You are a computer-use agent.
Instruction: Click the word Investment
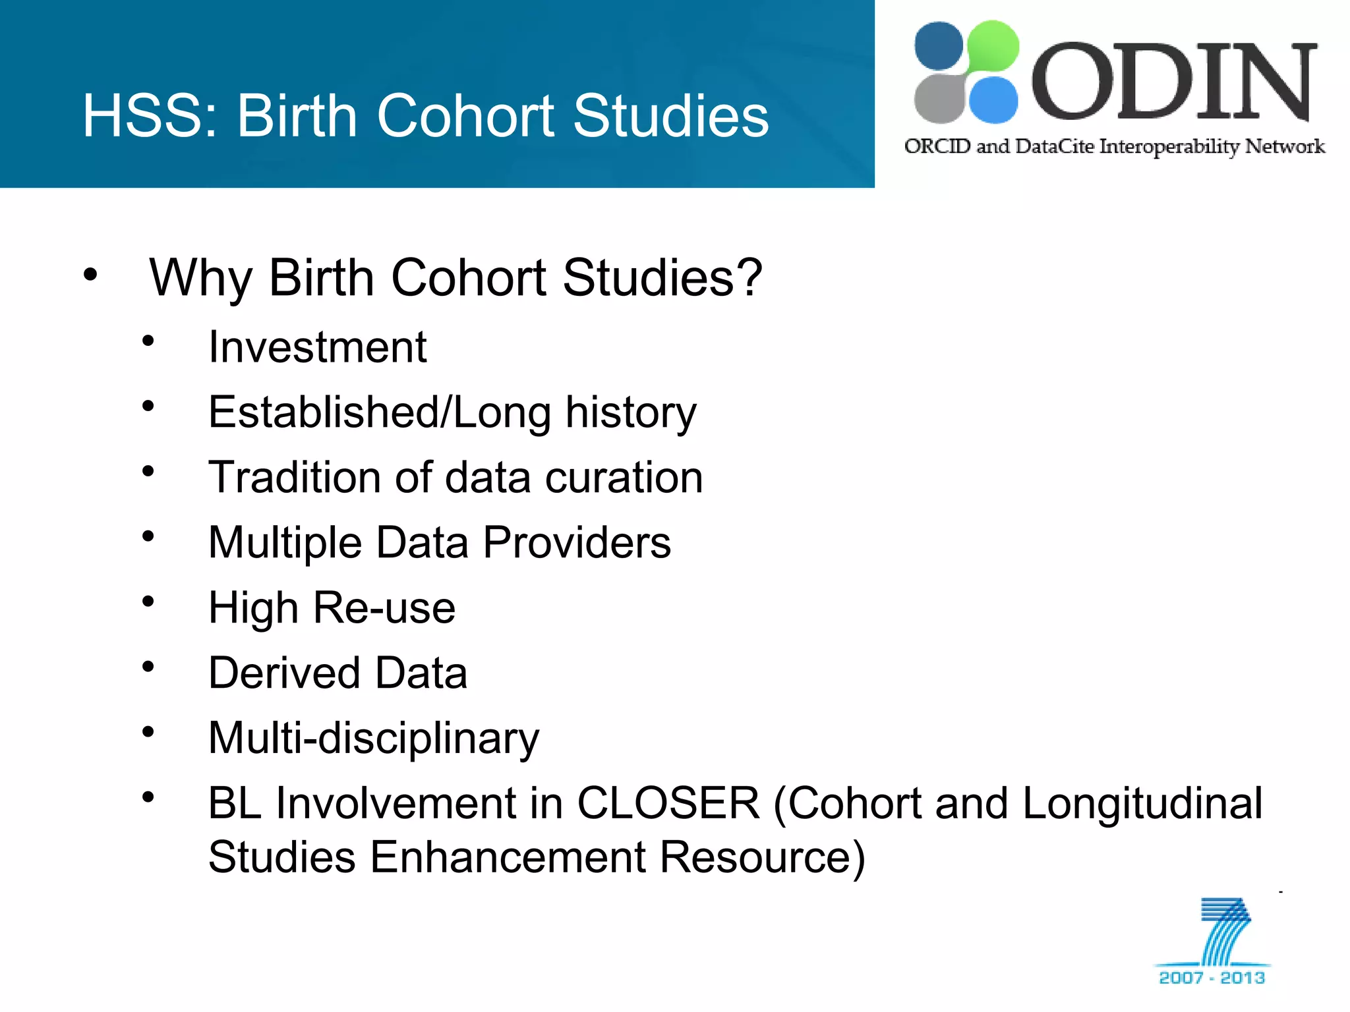pyautogui.click(x=317, y=347)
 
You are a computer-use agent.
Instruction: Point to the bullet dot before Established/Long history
pyautogui.click(x=148, y=406)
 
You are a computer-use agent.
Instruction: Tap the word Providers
pyautogui.click(x=577, y=543)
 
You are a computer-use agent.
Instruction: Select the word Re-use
pyautogui.click(x=384, y=607)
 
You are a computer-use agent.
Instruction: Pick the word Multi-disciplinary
pyautogui.click(x=373, y=739)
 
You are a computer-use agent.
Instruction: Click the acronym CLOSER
pyautogui.click(x=668, y=803)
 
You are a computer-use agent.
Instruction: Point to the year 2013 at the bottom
pyautogui.click(x=1243, y=978)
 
